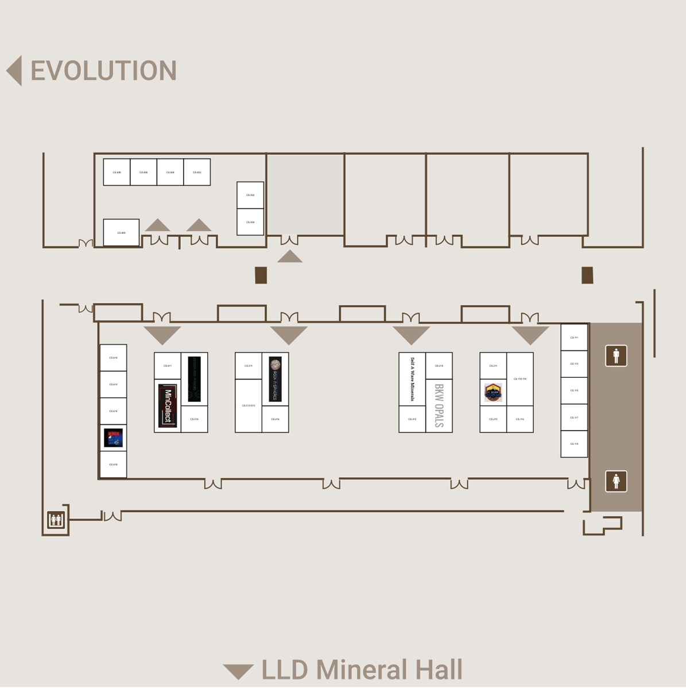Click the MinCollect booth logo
pyautogui.click(x=167, y=406)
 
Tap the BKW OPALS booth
pyautogui.click(x=439, y=405)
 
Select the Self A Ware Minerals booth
pyautogui.click(x=412, y=379)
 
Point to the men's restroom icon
pyautogui.click(x=616, y=355)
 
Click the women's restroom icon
pyautogui.click(x=616, y=481)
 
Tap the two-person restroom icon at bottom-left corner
pyautogui.click(x=56, y=521)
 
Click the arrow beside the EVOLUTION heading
pyautogui.click(x=14, y=71)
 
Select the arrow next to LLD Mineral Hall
pyautogui.click(x=238, y=671)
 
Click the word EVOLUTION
pyautogui.click(x=103, y=71)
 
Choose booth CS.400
pyautogui.click(x=121, y=233)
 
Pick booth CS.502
pyautogui.click(x=250, y=195)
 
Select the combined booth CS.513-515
pyautogui.click(x=248, y=405)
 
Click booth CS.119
pyautogui.click(x=574, y=444)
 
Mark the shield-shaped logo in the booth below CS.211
pyautogui.click(x=493, y=393)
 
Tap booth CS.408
pyautogui.click(x=117, y=172)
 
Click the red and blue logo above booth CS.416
pyautogui.click(x=113, y=437)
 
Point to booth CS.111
pyautogui.click(x=574, y=337)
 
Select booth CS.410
pyautogui.click(x=113, y=358)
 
